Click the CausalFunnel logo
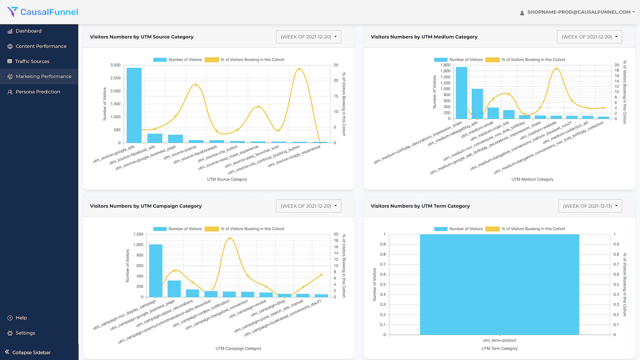point(43,12)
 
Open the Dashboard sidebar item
point(28,31)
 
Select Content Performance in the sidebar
point(41,46)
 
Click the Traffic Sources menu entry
point(32,61)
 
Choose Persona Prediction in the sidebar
point(38,92)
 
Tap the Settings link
point(25,333)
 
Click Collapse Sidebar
point(31,352)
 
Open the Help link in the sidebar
point(21,318)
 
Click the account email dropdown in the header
point(578,12)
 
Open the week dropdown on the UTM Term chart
point(590,206)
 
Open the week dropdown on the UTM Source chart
point(308,37)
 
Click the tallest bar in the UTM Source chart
point(134,106)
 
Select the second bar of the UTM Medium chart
point(477,104)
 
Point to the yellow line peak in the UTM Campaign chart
point(229,238)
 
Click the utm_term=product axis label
point(500,340)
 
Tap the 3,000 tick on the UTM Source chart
point(115,65)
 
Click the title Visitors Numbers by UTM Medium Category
point(424,37)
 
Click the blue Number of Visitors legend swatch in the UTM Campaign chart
point(160,229)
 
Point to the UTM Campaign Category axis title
point(238,348)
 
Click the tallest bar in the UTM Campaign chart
point(156,271)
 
